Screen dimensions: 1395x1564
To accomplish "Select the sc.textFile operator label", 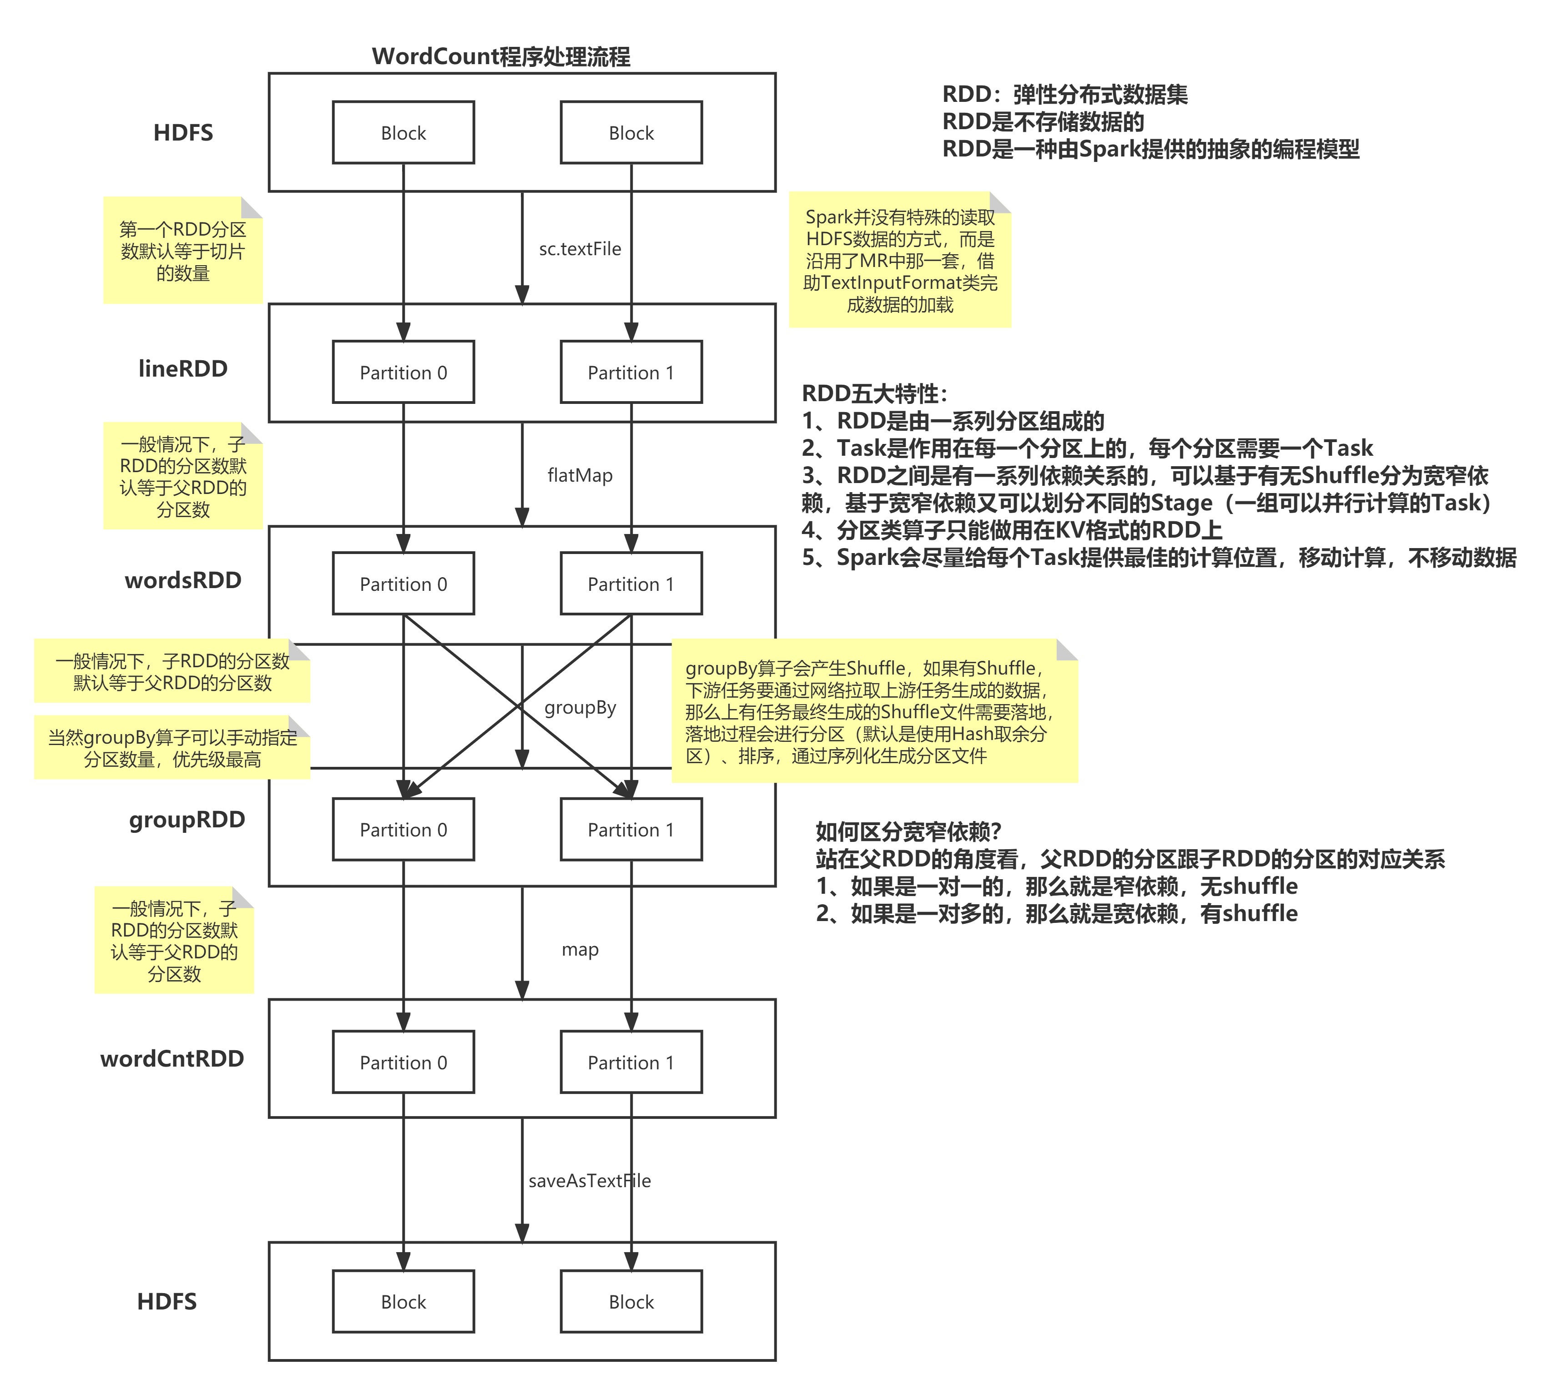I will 580,249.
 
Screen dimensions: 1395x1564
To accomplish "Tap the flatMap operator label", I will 580,475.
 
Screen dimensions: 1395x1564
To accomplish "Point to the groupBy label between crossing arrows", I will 580,707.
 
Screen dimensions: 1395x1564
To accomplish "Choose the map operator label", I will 580,950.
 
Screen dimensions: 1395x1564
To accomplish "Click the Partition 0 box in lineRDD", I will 403,373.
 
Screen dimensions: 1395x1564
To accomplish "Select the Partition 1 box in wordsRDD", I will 631,584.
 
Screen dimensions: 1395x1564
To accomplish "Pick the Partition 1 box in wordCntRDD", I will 631,1063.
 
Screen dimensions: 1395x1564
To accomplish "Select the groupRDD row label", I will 187,819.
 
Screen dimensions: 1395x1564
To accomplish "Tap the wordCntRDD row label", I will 172,1058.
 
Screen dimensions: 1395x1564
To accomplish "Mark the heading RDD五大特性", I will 874,394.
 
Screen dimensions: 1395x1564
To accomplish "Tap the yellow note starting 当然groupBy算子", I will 172,748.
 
